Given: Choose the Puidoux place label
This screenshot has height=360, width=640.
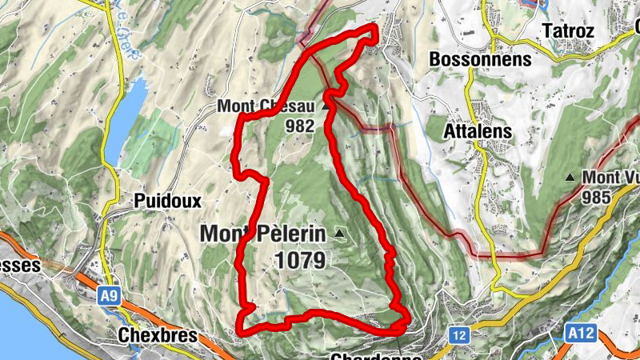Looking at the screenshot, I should coord(168,200).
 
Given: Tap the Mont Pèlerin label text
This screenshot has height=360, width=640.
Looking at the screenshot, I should coord(263,234).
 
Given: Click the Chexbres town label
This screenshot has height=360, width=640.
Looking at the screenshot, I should coord(157,335).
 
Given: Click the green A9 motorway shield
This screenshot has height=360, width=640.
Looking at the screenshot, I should coord(110,297).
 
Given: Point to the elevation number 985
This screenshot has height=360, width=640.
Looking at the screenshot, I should coord(597,197).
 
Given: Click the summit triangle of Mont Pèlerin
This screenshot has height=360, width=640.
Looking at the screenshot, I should coord(341,234).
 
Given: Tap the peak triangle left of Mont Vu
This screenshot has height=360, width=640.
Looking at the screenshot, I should coord(570,177).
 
